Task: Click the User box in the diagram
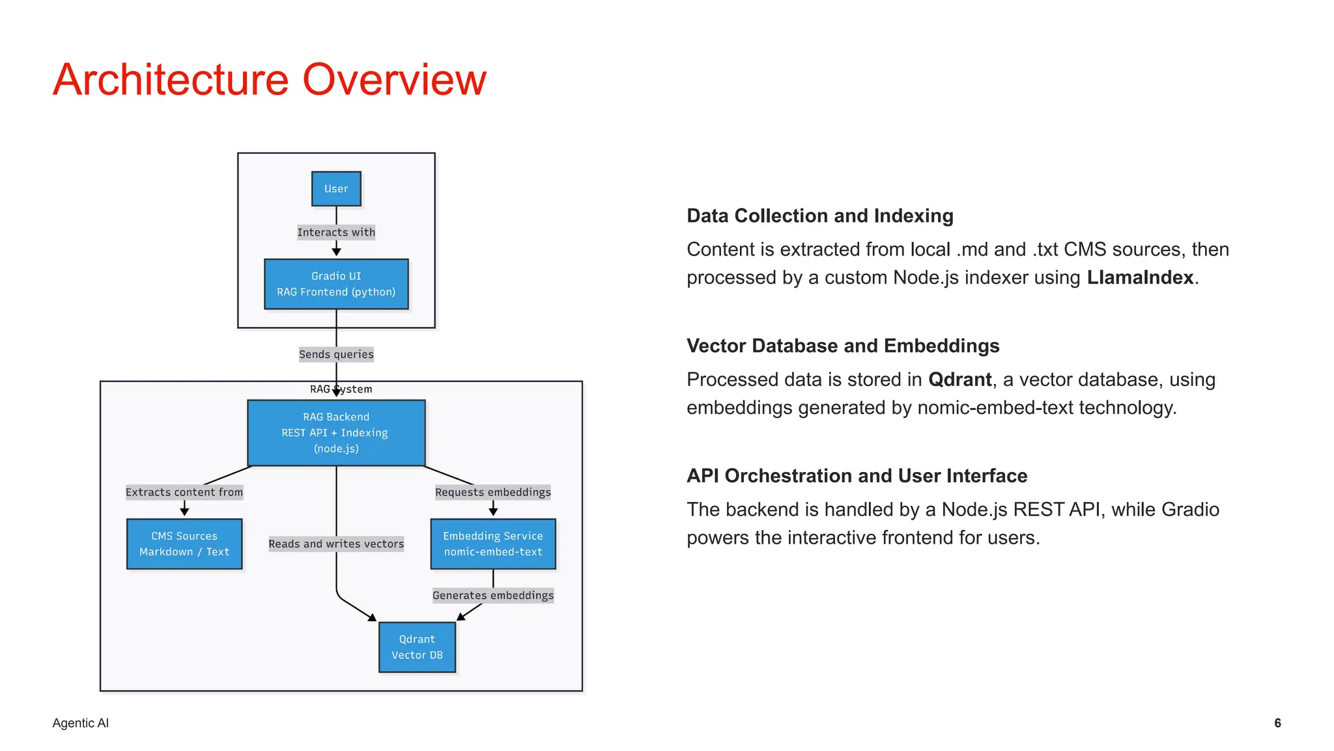(336, 188)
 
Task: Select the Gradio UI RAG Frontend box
(336, 284)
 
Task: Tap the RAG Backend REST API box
(336, 432)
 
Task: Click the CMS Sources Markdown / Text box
(184, 544)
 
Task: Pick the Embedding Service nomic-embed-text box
(493, 544)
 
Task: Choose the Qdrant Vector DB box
(417, 647)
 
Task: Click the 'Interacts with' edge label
(336, 232)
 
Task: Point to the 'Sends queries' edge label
(336, 354)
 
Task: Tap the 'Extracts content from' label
(184, 492)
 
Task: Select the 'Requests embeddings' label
(493, 492)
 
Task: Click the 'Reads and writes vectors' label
(336, 544)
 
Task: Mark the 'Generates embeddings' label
(493, 595)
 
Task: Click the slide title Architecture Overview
(270, 80)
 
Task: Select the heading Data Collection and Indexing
(820, 216)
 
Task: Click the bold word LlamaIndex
(1140, 278)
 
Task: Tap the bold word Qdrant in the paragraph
(959, 379)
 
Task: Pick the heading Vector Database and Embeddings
(843, 346)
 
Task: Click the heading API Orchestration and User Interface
(857, 476)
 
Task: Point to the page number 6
(1277, 723)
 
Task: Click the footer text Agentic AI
(81, 723)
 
